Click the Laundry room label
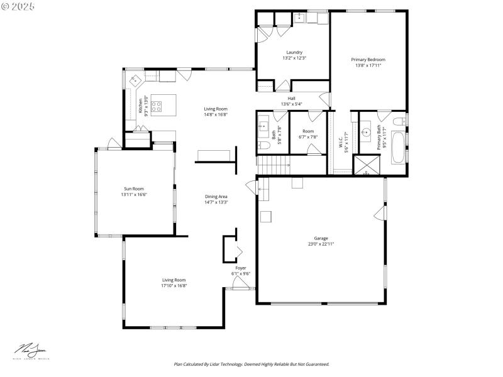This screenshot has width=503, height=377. [294, 52]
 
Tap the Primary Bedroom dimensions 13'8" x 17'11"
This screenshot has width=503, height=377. [368, 65]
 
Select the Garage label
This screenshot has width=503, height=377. [321, 238]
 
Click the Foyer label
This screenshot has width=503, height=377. [240, 268]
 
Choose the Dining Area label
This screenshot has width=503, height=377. [216, 197]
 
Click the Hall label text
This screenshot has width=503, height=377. [291, 99]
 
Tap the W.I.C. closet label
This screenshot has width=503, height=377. [340, 145]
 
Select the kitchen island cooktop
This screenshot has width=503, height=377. [155, 106]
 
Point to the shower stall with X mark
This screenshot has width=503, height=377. [364, 165]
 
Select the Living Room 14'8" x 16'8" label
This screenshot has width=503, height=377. [215, 111]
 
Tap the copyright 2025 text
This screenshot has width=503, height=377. [18, 6]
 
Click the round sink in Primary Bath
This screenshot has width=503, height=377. [365, 133]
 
